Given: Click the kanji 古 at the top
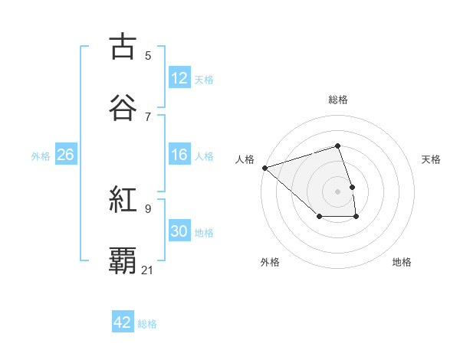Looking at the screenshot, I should pyautogui.click(x=123, y=47).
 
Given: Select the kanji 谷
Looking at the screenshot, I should pyautogui.click(x=123, y=108).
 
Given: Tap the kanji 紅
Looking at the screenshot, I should pyautogui.click(x=123, y=201).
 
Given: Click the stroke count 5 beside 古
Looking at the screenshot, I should pyautogui.click(x=148, y=55).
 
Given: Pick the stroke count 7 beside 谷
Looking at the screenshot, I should pyautogui.click(x=148, y=116).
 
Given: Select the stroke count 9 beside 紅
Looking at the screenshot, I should pyautogui.click(x=148, y=208).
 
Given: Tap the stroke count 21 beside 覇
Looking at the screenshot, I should pyautogui.click(x=148, y=270).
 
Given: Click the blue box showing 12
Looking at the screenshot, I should pyautogui.click(x=179, y=78).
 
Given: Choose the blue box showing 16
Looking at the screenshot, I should pyautogui.click(x=179, y=155).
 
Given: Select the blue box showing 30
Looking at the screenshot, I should pyautogui.click(x=179, y=231).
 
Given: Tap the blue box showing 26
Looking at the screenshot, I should pyautogui.click(x=65, y=155).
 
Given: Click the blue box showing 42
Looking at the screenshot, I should pyautogui.click(x=123, y=322).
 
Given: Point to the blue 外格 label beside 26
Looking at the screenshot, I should pyautogui.click(x=41, y=155).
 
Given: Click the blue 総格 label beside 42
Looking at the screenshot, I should pyautogui.click(x=147, y=324).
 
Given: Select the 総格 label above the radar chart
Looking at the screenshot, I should pyautogui.click(x=337, y=100).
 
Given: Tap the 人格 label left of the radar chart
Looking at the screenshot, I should pyautogui.click(x=245, y=159).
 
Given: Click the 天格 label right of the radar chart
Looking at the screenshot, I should pyautogui.click(x=431, y=159).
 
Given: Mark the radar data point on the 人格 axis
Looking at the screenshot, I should pyautogui.click(x=264, y=167).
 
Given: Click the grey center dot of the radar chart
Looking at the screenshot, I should pyautogui.click(x=337, y=191).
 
